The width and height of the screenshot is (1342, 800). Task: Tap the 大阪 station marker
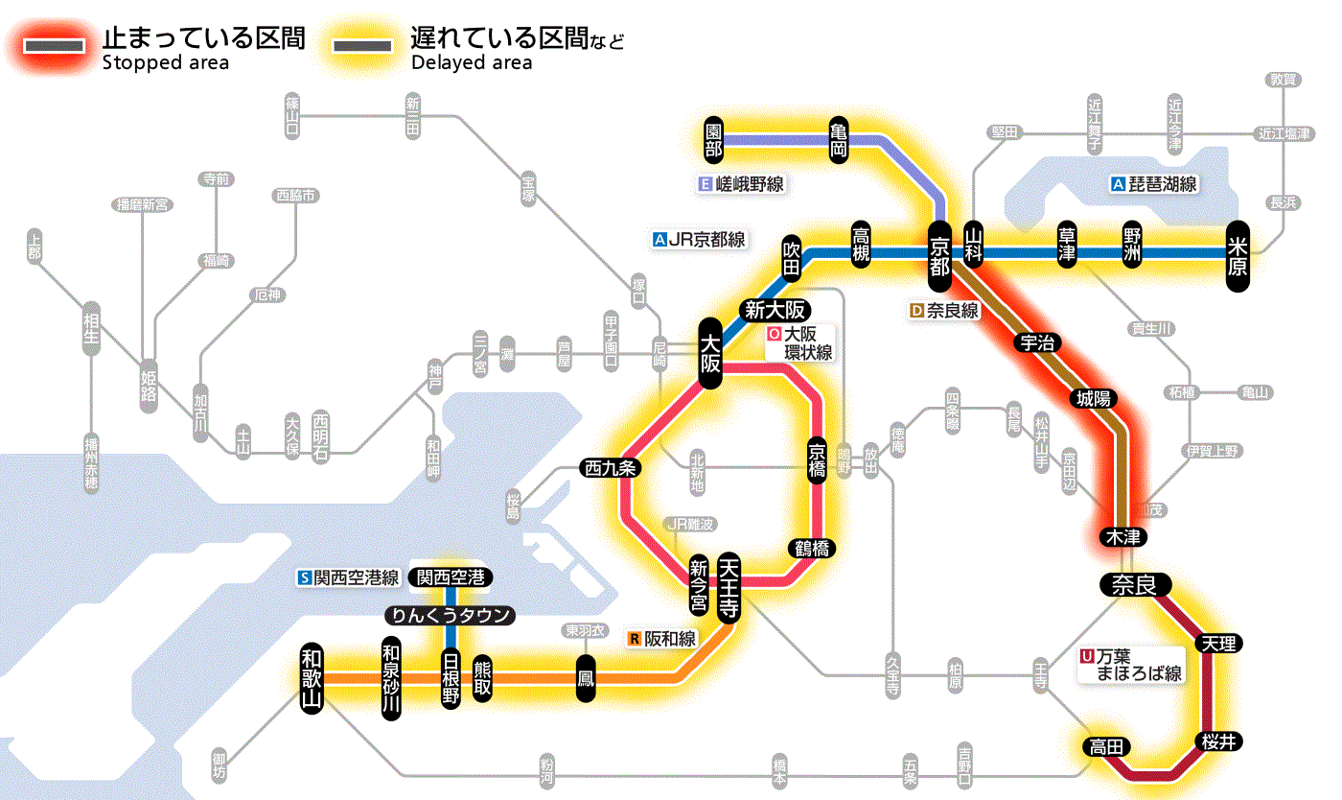(x=710, y=353)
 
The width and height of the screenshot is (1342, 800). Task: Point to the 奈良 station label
(x=1134, y=585)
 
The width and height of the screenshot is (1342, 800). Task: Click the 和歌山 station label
(x=312, y=676)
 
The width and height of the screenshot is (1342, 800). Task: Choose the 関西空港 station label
(x=451, y=577)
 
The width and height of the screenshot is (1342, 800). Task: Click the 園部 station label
(x=713, y=140)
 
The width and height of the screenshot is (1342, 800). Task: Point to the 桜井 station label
(x=1218, y=741)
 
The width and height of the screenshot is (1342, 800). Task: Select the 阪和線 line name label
(x=662, y=638)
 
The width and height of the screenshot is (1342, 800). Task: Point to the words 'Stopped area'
(x=165, y=63)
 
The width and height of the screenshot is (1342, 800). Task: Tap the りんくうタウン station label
(x=449, y=615)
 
